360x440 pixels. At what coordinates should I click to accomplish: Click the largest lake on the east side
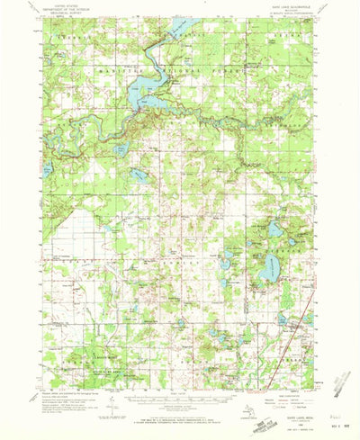coord(269,267)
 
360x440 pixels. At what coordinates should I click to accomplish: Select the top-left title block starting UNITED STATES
coord(63,12)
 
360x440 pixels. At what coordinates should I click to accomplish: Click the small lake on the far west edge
coord(46,168)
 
